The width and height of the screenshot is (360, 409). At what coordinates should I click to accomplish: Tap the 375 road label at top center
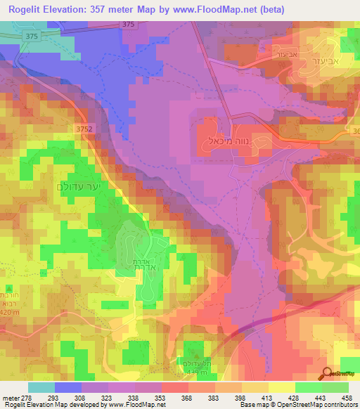(128, 24)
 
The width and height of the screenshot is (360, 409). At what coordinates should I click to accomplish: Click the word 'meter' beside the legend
(8, 398)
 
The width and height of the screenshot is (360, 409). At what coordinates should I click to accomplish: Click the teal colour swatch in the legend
(41, 387)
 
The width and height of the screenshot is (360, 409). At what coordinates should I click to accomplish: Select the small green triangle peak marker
(8, 289)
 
